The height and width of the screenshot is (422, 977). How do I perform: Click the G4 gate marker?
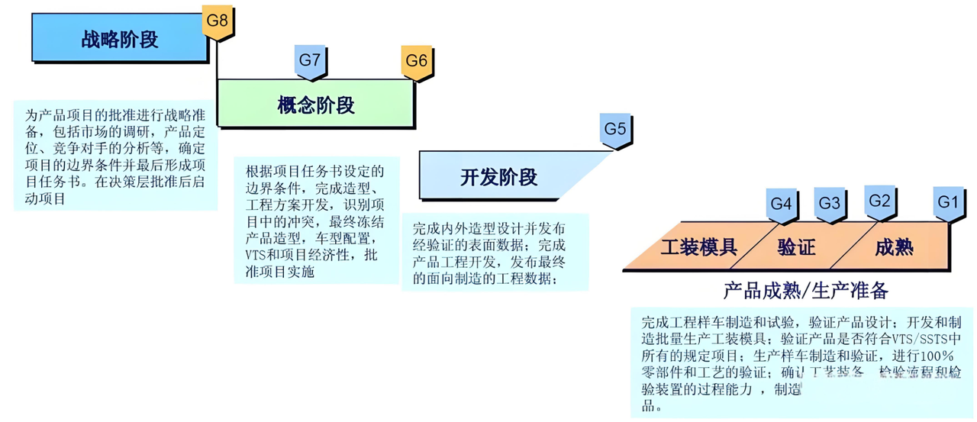(x=781, y=204)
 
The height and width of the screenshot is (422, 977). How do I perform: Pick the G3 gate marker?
(x=829, y=204)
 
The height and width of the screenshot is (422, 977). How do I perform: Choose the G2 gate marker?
(x=880, y=201)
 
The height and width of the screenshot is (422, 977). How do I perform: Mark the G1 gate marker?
(x=947, y=203)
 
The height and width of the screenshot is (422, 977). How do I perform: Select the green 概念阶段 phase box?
(x=316, y=105)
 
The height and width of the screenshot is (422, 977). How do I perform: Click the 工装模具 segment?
(x=698, y=247)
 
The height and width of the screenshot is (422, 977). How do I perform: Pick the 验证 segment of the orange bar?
(x=797, y=247)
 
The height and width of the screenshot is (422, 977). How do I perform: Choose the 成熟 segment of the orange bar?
(x=894, y=247)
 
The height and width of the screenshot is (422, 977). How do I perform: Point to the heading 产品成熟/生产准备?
(x=806, y=291)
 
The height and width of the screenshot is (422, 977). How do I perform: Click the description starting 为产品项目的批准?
(x=115, y=156)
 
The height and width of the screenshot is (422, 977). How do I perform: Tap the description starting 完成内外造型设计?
(x=495, y=253)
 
